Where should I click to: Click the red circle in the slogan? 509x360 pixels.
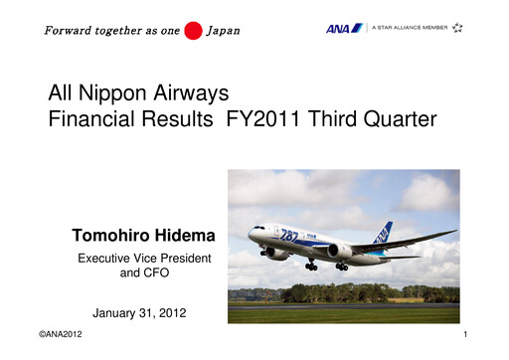pos(193,30)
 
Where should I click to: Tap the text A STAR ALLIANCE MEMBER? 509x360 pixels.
pos(410,28)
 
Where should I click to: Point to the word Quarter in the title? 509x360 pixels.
pos(401,120)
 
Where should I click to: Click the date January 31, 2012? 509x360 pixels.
pos(139,314)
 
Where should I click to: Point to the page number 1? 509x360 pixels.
pos(464,340)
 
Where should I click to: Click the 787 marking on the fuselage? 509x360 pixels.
pos(288,236)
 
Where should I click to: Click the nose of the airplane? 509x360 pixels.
pos(251,235)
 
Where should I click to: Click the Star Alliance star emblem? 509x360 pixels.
pos(456,28)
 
